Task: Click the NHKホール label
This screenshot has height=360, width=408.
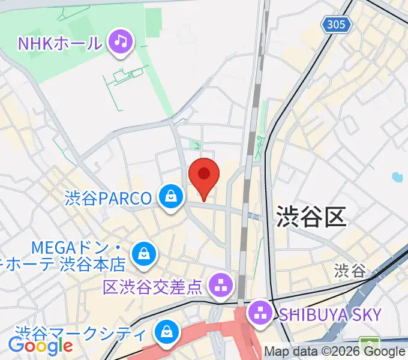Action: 60,43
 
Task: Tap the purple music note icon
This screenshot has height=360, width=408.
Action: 121,41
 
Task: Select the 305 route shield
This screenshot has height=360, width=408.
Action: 336,25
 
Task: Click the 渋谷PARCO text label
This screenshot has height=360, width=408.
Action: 108,198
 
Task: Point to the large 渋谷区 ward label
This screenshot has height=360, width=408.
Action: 311,216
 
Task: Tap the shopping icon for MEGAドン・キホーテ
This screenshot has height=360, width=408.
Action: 144,253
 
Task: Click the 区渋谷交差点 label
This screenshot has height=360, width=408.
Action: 153,287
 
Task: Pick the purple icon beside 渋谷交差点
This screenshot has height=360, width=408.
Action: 221,284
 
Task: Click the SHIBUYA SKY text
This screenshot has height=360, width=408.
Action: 330,313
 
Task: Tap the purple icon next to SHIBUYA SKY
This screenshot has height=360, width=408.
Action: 261,311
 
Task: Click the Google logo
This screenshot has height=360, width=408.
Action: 40,346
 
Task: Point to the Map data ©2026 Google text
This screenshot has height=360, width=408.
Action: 335,352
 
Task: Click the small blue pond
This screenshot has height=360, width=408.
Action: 396,177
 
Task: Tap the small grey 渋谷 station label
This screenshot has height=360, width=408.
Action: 350,270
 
